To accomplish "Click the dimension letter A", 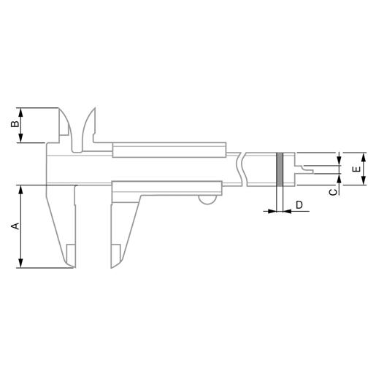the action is tap(15, 226).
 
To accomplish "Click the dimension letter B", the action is tap(15, 123).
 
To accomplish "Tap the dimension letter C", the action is tap(333, 192).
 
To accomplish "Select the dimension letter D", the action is tap(299, 204).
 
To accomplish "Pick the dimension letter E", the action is tap(356, 169).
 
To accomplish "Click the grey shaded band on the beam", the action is tap(280, 169).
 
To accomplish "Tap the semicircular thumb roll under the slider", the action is tap(207, 200).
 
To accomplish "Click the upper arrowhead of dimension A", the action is tap(20, 190).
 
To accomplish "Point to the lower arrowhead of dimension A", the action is tap(20, 264).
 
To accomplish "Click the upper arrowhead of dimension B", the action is tap(20, 112).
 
